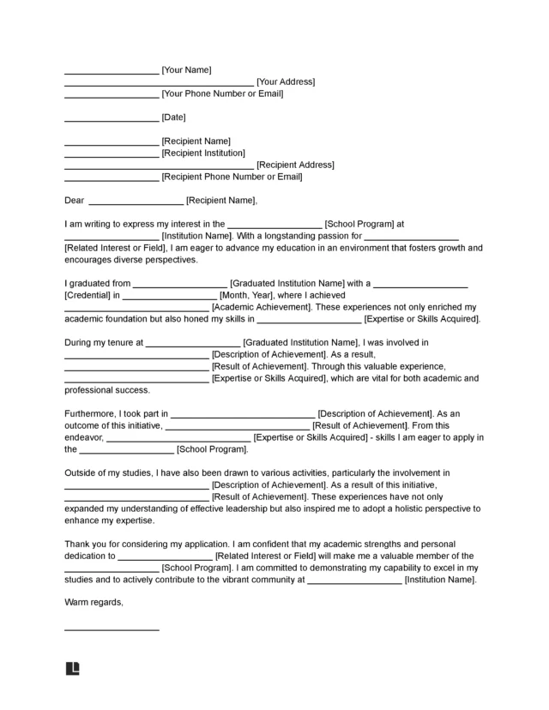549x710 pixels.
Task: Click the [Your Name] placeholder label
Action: click(x=186, y=69)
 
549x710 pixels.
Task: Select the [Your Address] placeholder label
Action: click(x=286, y=81)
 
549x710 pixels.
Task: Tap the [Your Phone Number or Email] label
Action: click(x=222, y=93)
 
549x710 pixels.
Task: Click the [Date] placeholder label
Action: click(x=173, y=117)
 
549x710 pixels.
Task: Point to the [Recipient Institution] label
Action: click(x=203, y=153)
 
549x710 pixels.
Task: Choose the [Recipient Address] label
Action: click(x=295, y=165)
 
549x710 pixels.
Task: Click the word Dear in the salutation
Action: click(x=75, y=201)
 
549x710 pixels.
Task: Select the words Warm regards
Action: click(x=94, y=603)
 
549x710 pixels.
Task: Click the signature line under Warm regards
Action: click(x=112, y=630)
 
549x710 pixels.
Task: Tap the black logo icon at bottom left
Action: click(x=72, y=668)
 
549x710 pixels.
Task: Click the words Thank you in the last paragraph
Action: click(x=85, y=544)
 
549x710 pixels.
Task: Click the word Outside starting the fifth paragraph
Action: click(x=81, y=472)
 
